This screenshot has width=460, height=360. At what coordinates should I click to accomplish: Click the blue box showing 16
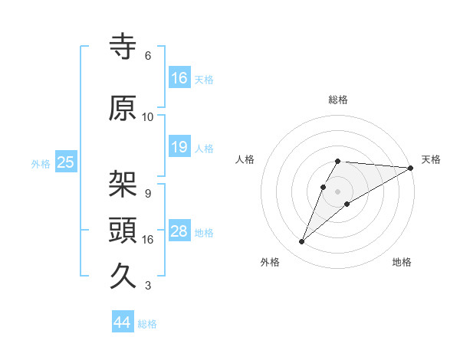179,78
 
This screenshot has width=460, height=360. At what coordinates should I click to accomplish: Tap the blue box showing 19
179,147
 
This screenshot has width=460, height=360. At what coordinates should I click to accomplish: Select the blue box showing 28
179,232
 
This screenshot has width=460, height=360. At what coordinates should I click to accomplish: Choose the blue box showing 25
65,162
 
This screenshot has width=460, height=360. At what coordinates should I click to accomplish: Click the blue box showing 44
123,322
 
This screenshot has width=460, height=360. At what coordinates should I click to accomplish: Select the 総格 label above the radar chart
338,100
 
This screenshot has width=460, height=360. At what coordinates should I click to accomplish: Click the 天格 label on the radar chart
431,159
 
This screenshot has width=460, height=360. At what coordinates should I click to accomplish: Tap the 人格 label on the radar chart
245,159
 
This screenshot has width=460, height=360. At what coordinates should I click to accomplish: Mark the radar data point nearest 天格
411,168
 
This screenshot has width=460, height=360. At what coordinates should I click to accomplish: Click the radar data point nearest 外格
301,242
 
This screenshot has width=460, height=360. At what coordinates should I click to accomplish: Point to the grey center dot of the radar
338,191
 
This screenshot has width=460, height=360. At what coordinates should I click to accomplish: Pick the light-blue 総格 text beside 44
147,324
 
